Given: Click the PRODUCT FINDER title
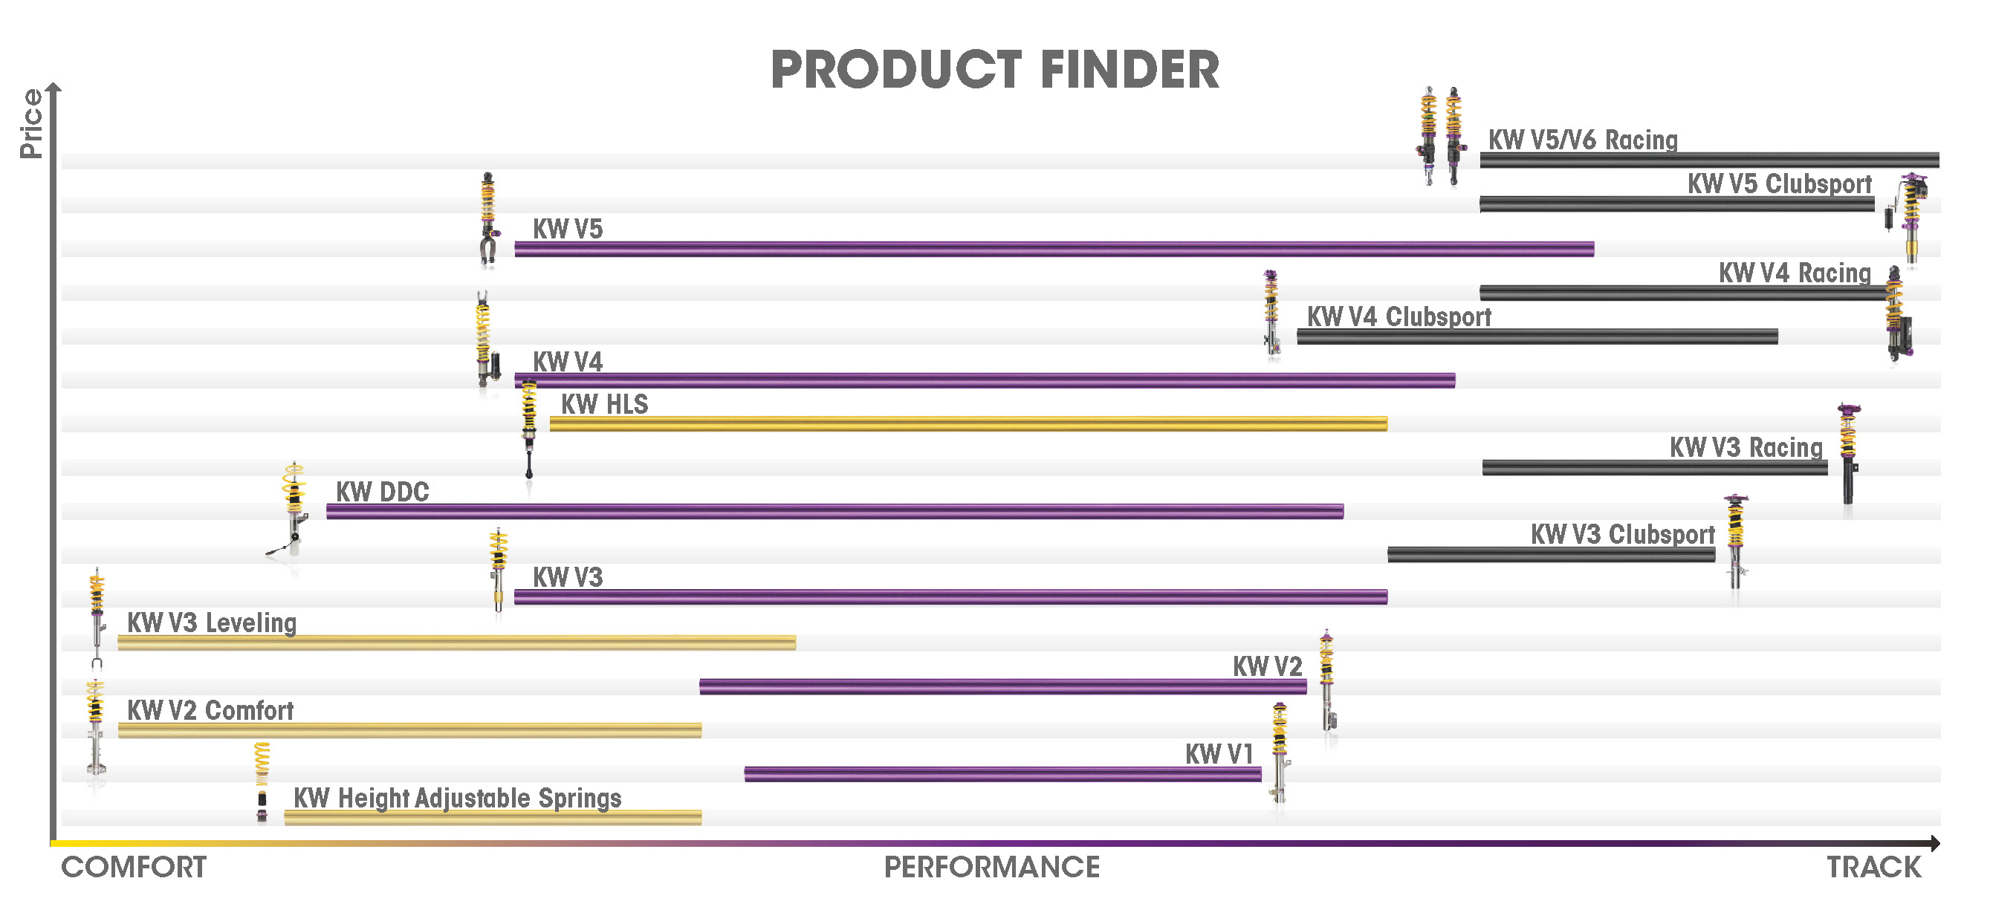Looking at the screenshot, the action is tap(995, 70).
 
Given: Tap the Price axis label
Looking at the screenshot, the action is tap(32, 123).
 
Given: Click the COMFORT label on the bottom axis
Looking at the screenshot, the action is tap(134, 867).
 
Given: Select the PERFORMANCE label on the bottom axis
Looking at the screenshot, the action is tap(992, 867).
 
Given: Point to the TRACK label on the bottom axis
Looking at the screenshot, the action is tap(1873, 867).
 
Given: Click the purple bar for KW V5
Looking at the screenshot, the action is tap(1054, 249).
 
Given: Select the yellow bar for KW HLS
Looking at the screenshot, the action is tap(969, 423).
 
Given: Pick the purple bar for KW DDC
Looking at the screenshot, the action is tap(835, 510).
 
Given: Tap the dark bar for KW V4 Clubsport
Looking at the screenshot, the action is tap(1537, 336).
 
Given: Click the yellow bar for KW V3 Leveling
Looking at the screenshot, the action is tap(456, 642).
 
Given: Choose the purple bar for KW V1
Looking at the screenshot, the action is tap(1002, 773).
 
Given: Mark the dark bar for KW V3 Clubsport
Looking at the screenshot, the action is tap(1552, 554).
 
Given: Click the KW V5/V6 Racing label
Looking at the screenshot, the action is tap(1583, 140).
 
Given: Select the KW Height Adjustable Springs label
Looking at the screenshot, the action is tap(457, 798).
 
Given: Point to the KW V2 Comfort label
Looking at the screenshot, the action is tap(210, 710).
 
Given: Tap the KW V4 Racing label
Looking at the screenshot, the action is tap(1795, 273).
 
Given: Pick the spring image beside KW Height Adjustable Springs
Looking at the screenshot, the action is tap(262, 782).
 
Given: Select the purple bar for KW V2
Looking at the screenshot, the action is tap(1002, 686).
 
